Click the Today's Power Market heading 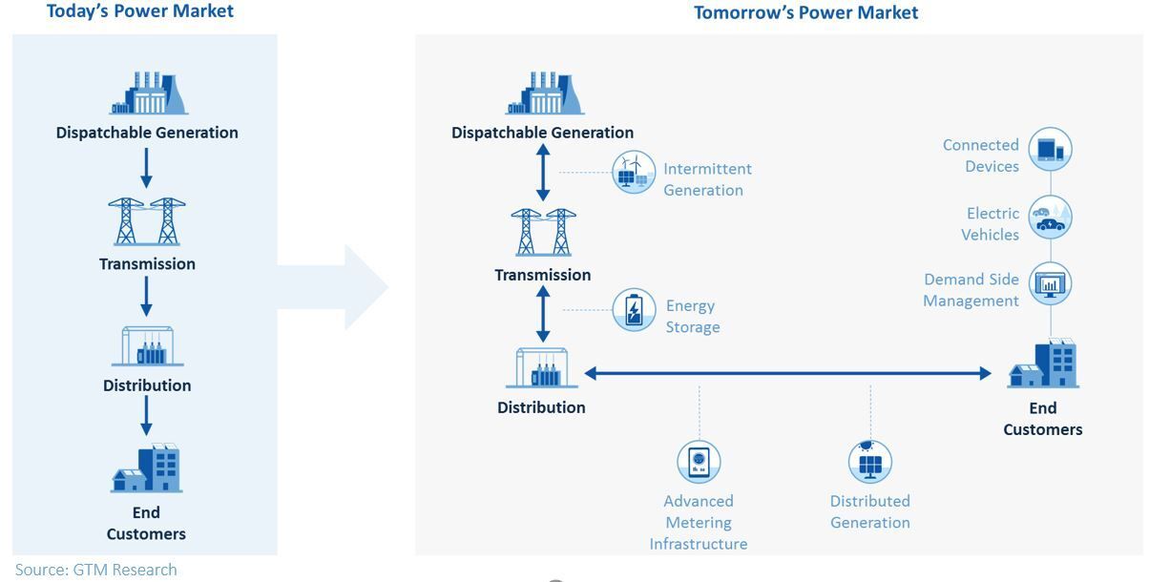click(x=139, y=11)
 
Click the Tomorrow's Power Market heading click(x=805, y=12)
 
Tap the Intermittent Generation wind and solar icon click(x=633, y=173)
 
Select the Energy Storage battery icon click(x=634, y=310)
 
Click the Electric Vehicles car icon click(x=1050, y=218)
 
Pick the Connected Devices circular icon click(x=1050, y=150)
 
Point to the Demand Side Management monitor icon click(x=1050, y=284)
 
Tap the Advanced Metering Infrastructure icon click(x=699, y=462)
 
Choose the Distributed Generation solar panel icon click(x=869, y=462)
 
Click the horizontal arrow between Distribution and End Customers click(x=787, y=373)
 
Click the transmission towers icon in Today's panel click(x=147, y=222)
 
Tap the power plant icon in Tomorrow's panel click(x=544, y=94)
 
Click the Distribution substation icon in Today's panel click(x=147, y=346)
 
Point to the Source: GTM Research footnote click(x=95, y=570)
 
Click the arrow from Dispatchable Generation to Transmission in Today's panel click(x=146, y=168)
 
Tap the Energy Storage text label click(x=692, y=317)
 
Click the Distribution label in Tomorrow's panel click(x=541, y=407)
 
